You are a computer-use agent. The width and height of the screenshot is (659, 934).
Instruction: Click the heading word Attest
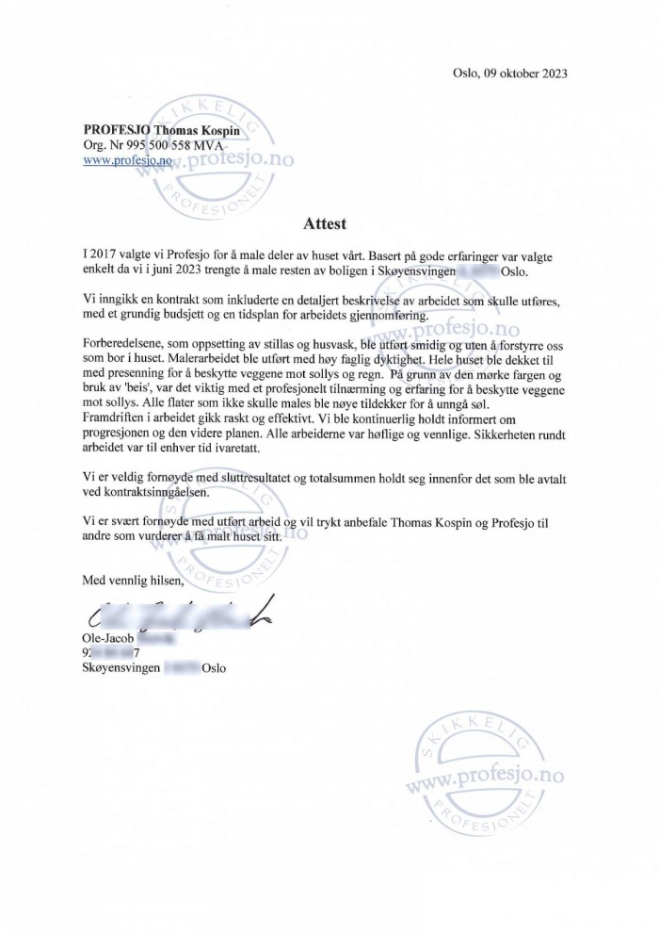pos(325,224)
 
